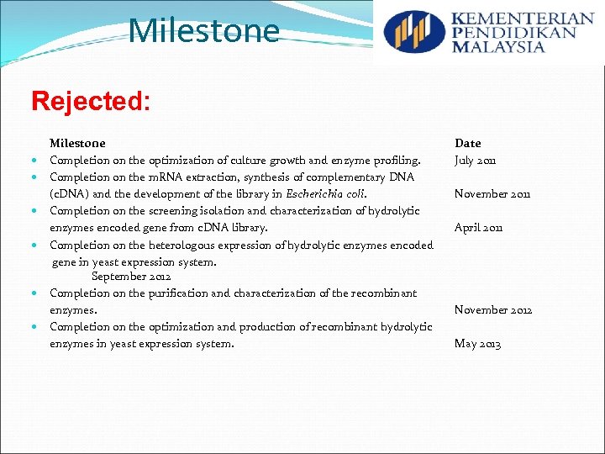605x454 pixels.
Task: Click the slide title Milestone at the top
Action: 204,31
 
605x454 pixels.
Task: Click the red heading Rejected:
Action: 91,102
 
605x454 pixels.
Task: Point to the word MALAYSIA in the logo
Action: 498,47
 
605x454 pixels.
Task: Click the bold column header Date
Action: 468,144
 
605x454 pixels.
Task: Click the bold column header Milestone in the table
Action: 77,144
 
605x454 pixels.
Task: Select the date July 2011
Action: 476,161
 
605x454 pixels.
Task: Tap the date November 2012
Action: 493,310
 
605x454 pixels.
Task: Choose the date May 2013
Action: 477,344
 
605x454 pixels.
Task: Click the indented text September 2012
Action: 131,277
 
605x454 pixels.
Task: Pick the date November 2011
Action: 493,194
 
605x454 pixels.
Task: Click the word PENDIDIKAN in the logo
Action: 513,33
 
